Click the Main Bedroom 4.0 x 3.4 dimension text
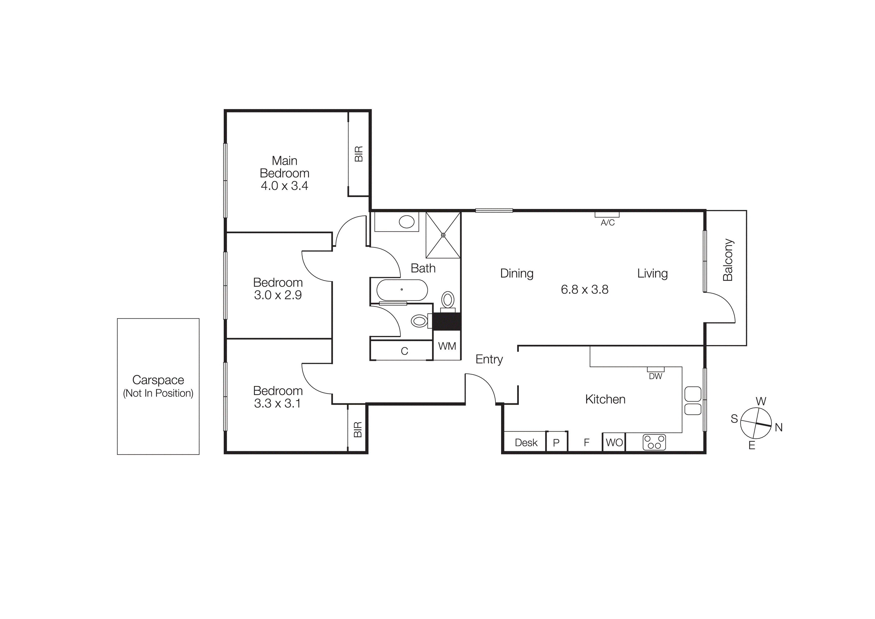(x=284, y=186)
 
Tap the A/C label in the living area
(x=607, y=223)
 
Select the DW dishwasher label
(x=656, y=377)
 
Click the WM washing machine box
(x=447, y=346)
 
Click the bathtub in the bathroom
(x=402, y=290)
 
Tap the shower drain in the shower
(x=443, y=235)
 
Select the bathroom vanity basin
(x=407, y=221)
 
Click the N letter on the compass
(x=778, y=427)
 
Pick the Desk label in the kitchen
(x=526, y=442)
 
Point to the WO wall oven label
(x=614, y=442)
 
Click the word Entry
(x=489, y=359)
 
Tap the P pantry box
(x=556, y=442)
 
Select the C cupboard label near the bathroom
(x=404, y=351)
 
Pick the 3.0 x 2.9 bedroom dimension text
(x=278, y=295)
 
